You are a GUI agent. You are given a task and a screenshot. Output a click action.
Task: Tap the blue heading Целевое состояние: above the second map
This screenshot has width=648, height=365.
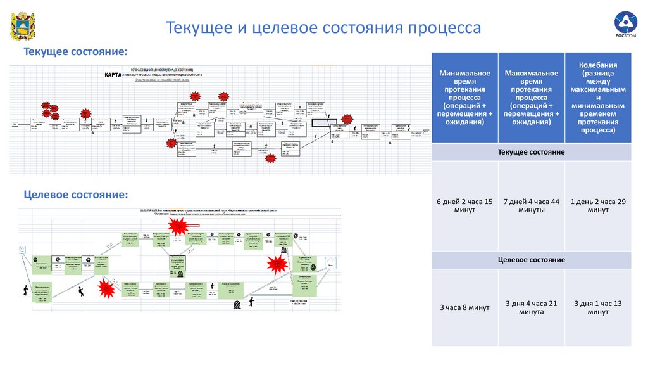tap(75, 193)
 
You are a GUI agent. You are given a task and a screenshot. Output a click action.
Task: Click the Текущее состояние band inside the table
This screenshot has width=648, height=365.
tap(531, 153)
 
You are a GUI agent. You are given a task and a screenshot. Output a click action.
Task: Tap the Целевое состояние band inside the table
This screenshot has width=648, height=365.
tap(531, 260)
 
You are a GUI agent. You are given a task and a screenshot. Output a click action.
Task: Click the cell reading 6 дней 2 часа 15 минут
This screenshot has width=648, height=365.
tap(464, 206)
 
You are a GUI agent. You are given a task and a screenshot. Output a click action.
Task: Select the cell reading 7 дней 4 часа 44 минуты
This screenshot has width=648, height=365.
tap(531, 206)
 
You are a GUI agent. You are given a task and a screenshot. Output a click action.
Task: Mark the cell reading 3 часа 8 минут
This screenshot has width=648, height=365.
tap(464, 308)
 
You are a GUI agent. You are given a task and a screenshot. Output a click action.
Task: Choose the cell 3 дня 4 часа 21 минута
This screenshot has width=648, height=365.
tap(531, 308)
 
